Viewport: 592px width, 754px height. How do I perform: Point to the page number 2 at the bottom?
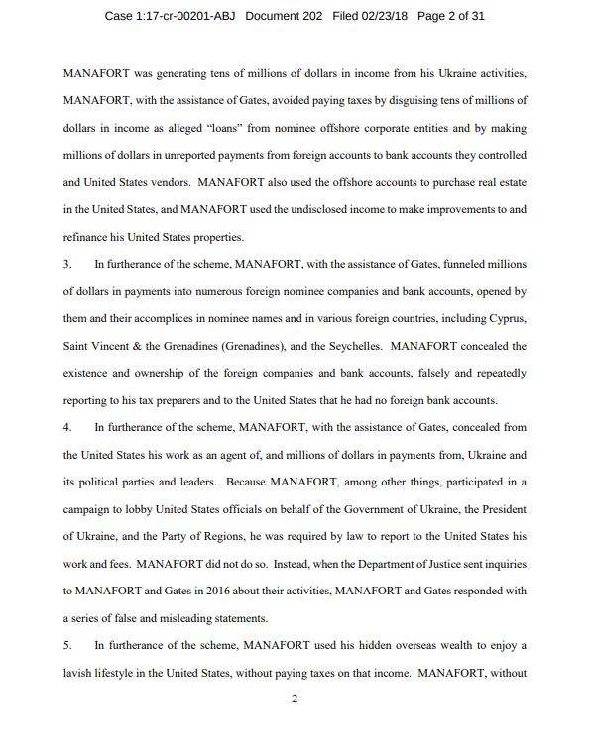295,698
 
